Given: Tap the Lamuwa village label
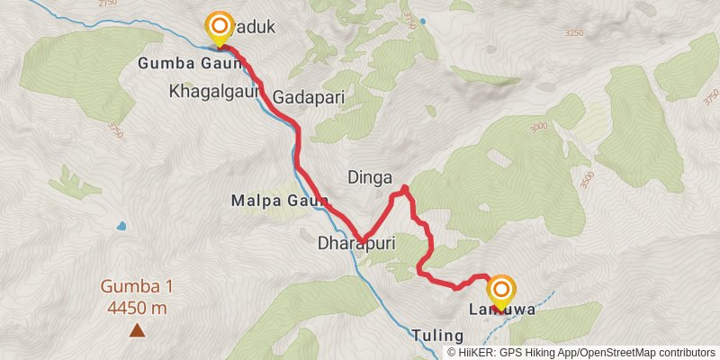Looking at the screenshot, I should [501, 310].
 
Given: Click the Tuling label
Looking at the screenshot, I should [437, 336].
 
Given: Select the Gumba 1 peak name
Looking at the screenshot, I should [137, 288].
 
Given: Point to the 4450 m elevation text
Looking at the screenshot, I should [137, 308].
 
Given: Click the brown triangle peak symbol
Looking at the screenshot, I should [137, 330].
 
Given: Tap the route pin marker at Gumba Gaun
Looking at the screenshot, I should [219, 28].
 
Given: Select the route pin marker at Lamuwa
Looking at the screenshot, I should [501, 291].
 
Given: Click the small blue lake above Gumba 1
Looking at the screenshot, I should [121, 226].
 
